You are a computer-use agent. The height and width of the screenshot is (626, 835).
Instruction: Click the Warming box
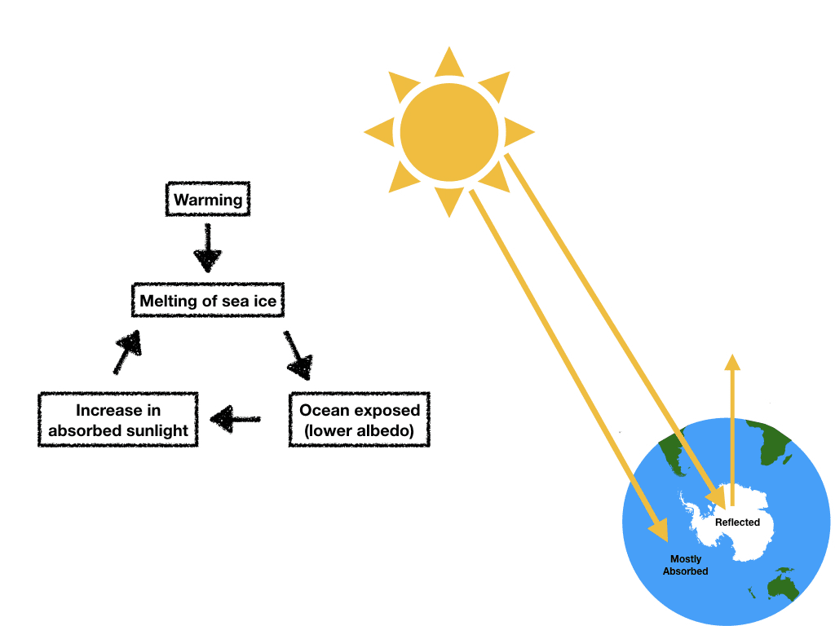pos(208,200)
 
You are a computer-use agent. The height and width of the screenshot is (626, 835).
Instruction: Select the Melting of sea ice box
pos(208,301)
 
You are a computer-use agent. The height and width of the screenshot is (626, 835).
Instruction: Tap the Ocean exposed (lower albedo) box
pos(359,420)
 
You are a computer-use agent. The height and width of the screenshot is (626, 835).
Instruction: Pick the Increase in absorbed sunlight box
pos(118,420)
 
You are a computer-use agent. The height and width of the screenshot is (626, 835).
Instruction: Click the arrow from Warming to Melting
pos(208,249)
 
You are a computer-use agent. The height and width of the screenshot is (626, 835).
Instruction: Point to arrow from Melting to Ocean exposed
pos(298,355)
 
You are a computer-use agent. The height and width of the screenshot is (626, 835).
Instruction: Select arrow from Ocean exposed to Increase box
pos(235,420)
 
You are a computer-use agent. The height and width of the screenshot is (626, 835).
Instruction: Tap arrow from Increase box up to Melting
pos(126,350)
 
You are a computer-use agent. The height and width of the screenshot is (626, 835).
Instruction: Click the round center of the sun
pos(448,133)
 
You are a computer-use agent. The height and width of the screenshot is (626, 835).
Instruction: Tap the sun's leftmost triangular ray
pos(380,132)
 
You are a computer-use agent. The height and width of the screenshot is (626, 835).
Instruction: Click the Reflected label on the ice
pos(737,522)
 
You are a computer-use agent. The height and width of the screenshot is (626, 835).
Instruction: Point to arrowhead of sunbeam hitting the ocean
pos(659,530)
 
